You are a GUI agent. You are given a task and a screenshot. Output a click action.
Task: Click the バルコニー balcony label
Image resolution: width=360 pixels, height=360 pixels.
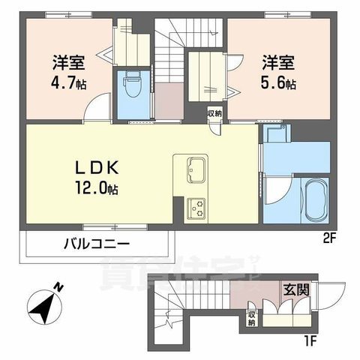96,243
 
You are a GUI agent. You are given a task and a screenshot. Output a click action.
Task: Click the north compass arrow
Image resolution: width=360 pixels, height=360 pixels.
43,304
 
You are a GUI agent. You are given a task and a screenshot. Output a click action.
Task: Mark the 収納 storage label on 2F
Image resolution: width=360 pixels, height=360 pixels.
214,114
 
